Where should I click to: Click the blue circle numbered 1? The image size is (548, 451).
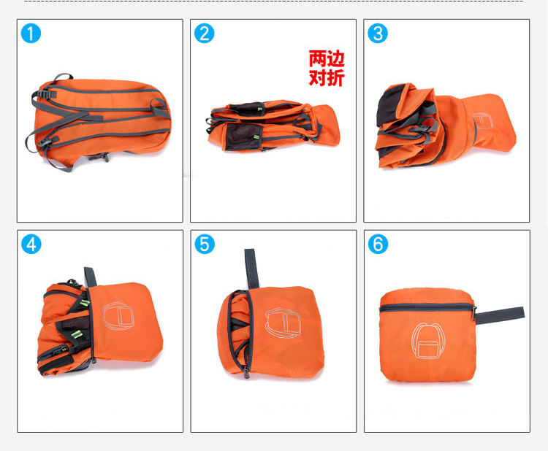pyautogui.click(x=31, y=33)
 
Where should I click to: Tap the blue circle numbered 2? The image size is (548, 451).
pyautogui.click(x=204, y=33)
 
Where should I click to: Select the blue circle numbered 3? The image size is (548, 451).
pyautogui.click(x=378, y=33)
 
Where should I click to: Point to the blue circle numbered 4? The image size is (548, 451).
pyautogui.click(x=31, y=244)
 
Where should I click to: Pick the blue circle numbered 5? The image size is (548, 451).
pyautogui.click(x=205, y=244)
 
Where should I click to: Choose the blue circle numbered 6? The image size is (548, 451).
pyautogui.click(x=378, y=244)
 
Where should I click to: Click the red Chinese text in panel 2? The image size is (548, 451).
pyautogui.click(x=327, y=68)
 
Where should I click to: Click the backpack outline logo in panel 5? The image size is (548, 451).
pyautogui.click(x=283, y=323)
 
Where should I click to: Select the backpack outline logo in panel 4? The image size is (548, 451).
pyautogui.click(x=118, y=316)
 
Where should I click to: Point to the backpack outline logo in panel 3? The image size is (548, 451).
pyautogui.click(x=483, y=121)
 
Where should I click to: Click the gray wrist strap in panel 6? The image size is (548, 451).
pyautogui.click(x=500, y=315)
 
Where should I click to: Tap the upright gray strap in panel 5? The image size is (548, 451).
pyautogui.click(x=251, y=269)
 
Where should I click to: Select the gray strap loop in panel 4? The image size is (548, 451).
pyautogui.click(x=90, y=277)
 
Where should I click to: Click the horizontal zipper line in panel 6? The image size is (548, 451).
pyautogui.click(x=427, y=307)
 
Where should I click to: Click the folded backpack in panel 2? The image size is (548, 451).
pyautogui.click(x=273, y=126)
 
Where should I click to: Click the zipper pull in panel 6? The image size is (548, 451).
pyautogui.click(x=474, y=313)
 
